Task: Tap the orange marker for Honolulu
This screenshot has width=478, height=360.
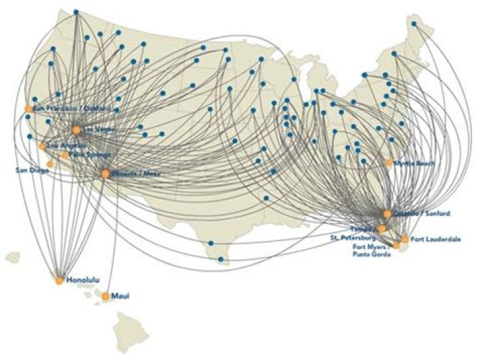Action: [x=60, y=280]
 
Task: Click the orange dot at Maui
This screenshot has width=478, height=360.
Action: [x=106, y=296]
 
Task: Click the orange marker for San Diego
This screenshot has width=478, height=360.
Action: [x=50, y=163]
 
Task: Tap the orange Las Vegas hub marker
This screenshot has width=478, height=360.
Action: [x=77, y=130]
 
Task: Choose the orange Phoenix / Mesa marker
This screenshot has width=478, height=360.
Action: [x=105, y=174]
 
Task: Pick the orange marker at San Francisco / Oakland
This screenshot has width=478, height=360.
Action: [x=29, y=108]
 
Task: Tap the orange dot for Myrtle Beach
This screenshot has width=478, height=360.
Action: [x=389, y=162]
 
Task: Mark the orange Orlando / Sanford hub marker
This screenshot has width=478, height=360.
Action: [x=387, y=214]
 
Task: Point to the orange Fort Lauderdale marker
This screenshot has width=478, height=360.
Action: [x=404, y=239]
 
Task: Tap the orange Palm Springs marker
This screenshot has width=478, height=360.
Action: [x=64, y=155]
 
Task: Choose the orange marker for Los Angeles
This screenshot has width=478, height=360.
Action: [x=42, y=146]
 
